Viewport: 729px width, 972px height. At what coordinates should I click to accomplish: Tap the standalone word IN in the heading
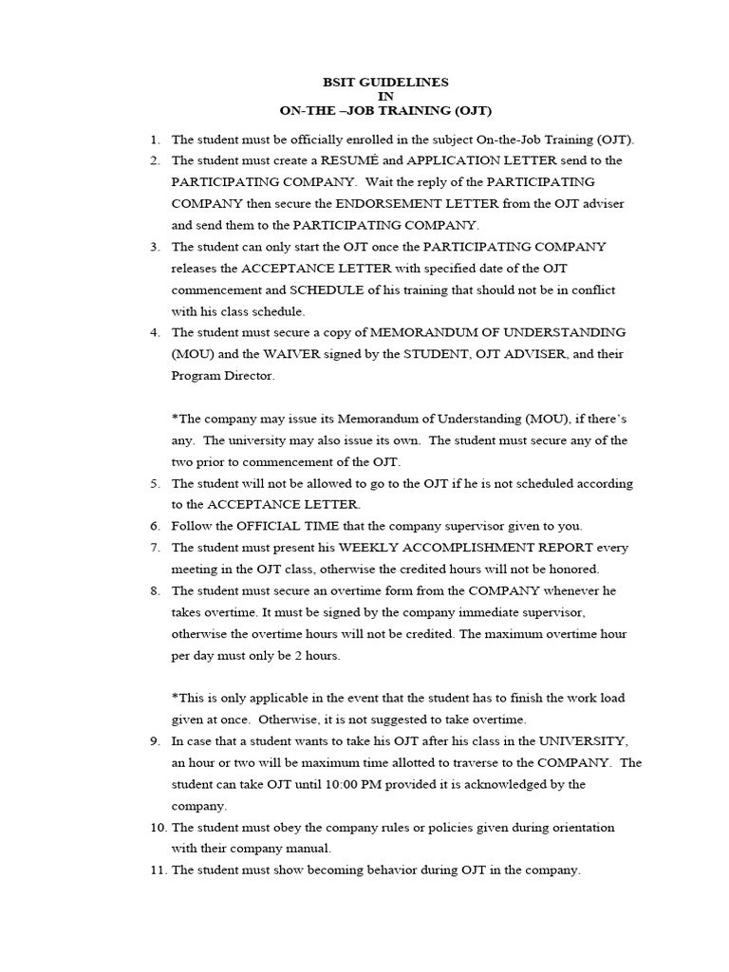point(384,96)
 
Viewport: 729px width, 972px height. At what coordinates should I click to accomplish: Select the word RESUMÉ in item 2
point(349,160)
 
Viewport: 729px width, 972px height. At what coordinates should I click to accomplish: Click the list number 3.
point(155,247)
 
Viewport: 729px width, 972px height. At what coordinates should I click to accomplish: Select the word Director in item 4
point(252,376)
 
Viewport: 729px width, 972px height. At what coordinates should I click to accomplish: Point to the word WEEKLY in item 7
point(373,548)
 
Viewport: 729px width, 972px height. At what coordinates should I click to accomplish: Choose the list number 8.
point(155,590)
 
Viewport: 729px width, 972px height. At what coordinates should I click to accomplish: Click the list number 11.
point(157,870)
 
